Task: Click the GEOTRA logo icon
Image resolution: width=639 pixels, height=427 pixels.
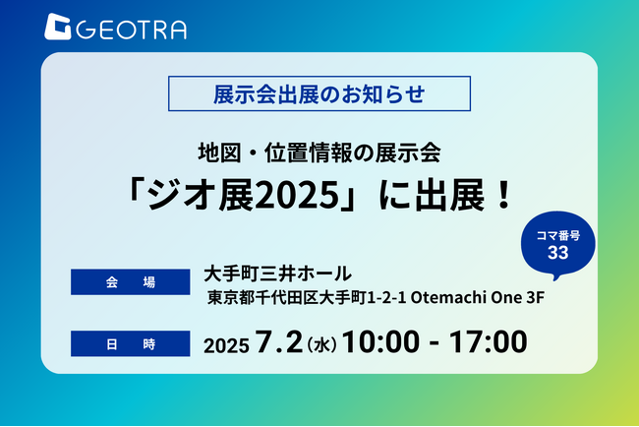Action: [x=57, y=27]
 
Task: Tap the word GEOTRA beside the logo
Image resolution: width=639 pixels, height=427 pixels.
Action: [x=131, y=30]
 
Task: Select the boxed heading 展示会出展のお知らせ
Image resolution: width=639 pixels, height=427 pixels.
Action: [x=319, y=93]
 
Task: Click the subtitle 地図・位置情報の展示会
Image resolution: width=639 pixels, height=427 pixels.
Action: [x=319, y=152]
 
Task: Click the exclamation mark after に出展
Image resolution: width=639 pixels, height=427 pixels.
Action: [x=504, y=195]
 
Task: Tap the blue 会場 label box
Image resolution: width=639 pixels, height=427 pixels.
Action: [x=131, y=281]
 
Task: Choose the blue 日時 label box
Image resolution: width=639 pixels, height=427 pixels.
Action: [x=131, y=343]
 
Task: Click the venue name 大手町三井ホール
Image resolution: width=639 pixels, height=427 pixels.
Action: [x=277, y=274]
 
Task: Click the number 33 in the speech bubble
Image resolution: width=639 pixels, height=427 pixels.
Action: [x=558, y=253]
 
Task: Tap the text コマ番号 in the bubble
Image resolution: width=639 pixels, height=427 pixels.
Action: [x=558, y=236]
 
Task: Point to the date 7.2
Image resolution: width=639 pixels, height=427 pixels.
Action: [x=279, y=341]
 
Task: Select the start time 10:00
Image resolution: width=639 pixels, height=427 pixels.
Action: [x=380, y=341]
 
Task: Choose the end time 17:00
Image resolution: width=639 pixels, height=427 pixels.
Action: [x=489, y=341]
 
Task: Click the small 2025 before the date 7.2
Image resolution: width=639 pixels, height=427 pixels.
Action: [x=226, y=346]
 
